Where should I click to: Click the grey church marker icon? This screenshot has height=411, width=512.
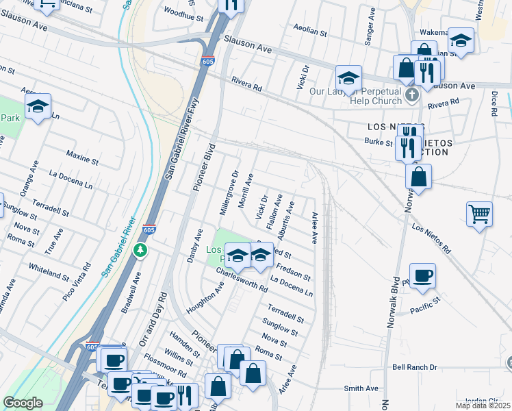coord(412,95)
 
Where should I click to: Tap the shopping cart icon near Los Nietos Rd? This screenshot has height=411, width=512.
coord(479,213)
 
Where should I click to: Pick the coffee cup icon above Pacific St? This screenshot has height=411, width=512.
coord(422,275)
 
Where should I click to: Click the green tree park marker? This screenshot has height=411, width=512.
coord(140,250)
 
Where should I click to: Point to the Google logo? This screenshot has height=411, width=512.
coord(23,403)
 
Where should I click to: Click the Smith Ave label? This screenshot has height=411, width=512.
coord(361,388)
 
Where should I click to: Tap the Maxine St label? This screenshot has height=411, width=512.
coord(83,159)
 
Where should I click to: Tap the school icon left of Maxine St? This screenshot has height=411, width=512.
coord(38,105)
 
